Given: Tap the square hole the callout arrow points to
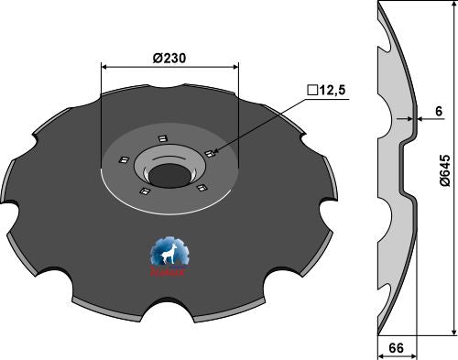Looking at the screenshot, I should pos(209,153).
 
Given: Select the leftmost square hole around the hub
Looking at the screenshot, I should pos(119,163).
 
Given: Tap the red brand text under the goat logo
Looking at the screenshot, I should pos(167,272).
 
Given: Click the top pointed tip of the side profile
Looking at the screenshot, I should pos(378,8).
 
